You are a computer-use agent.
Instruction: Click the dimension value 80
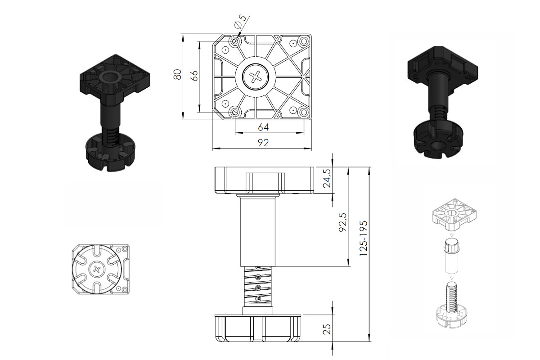coord(177,75)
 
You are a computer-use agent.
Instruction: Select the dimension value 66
coord(194,76)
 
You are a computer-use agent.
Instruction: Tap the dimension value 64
coord(263,127)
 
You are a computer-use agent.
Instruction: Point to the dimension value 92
coord(263,143)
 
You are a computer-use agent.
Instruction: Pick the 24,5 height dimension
coord(328,178)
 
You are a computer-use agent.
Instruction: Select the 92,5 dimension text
coord(342,222)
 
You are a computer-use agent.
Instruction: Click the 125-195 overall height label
coord(363,238)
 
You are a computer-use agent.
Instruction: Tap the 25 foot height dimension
coord(327,329)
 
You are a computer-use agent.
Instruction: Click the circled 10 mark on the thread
coord(258,298)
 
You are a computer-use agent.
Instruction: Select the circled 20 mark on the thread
coord(258,288)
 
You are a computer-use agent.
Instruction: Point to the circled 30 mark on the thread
coord(258,277)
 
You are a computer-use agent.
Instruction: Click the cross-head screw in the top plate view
coord(255,77)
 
